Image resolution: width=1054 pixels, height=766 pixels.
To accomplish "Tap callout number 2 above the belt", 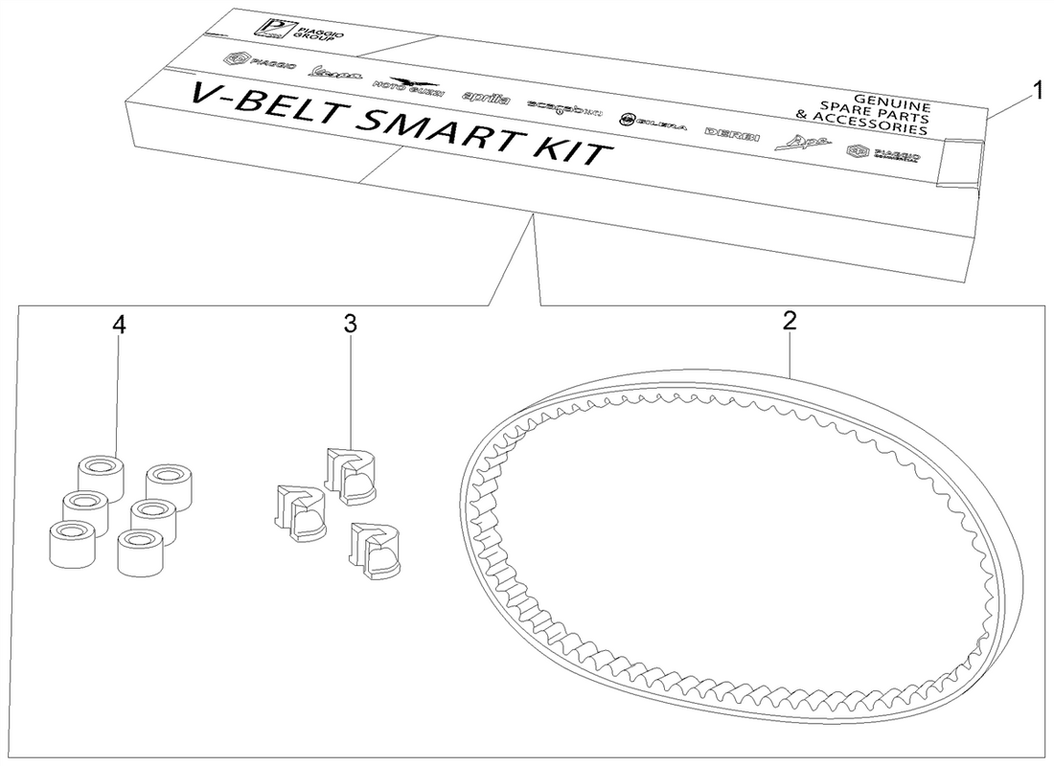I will point(789,321).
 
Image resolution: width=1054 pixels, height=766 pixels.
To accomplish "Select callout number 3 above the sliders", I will point(350,324).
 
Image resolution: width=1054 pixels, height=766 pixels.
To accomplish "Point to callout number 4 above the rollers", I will point(118,325).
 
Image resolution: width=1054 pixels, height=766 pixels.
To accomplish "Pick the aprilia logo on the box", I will point(486,99).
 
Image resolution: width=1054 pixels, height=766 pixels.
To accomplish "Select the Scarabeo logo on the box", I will point(564,109).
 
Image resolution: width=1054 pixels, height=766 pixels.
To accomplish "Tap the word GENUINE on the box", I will point(890,100).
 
